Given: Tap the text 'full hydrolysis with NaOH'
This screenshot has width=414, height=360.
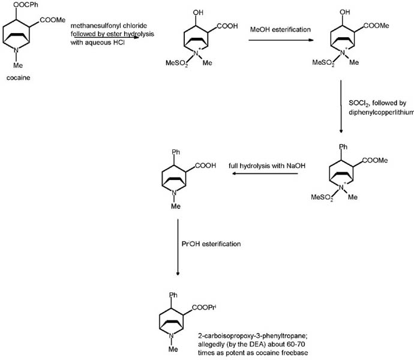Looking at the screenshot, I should click(263, 165).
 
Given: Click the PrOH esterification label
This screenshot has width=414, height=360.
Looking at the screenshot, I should click(212, 244).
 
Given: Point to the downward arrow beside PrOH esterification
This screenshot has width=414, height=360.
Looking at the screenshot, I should click(178, 246).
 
